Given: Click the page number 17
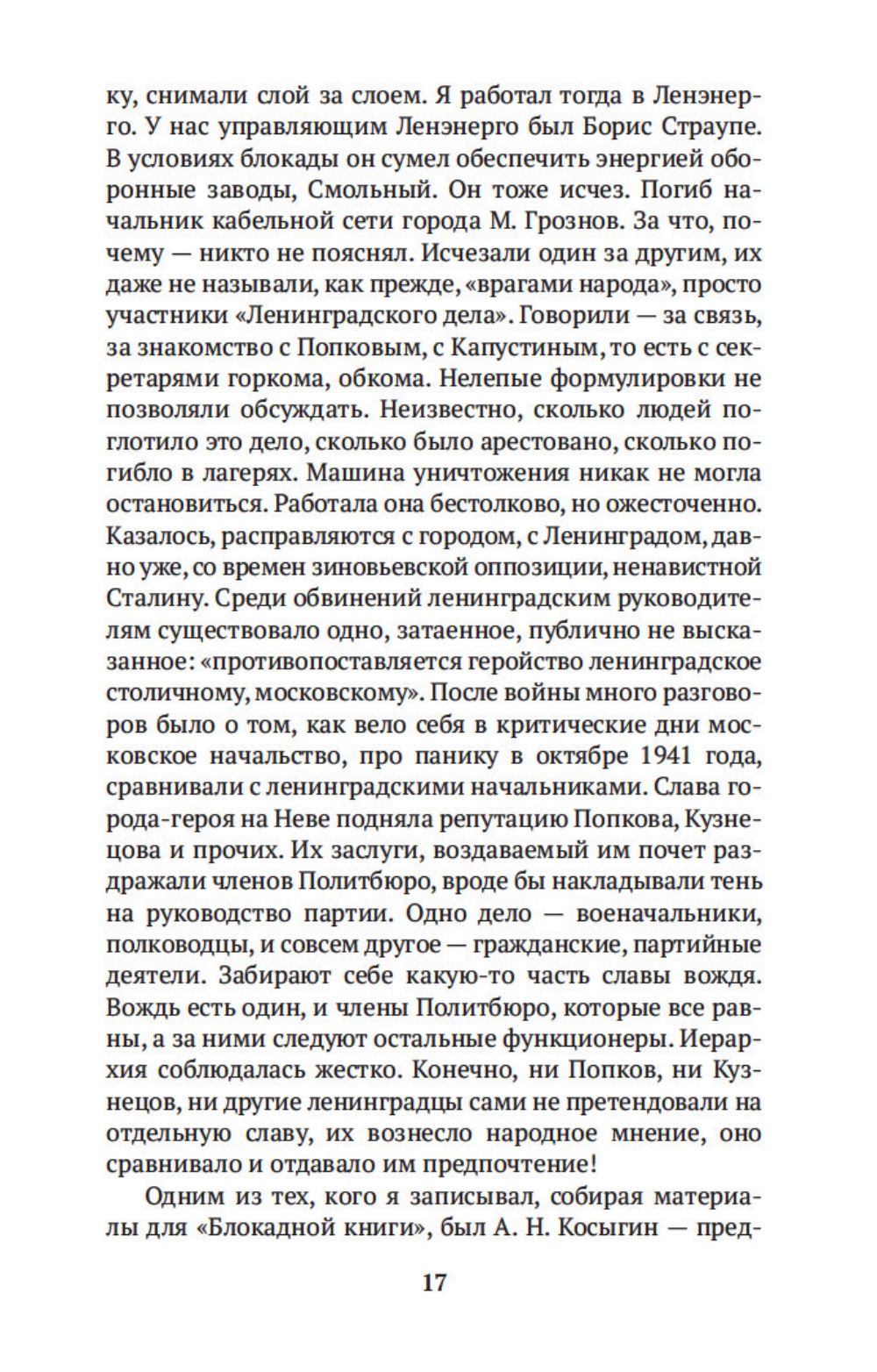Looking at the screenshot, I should click(x=435, y=1283).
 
